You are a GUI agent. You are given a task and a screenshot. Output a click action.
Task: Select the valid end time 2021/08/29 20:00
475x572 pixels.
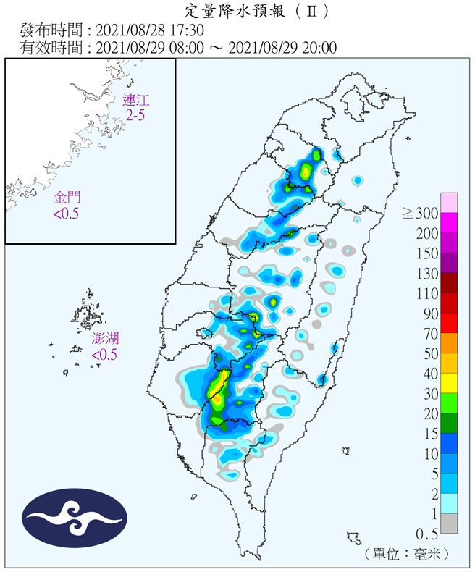[x=282, y=48]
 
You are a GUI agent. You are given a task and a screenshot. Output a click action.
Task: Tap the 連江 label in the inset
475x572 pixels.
[x=134, y=100]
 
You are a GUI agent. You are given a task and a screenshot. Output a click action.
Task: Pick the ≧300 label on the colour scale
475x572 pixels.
[x=421, y=213]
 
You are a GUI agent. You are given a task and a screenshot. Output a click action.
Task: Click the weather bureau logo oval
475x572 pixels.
[x=75, y=518]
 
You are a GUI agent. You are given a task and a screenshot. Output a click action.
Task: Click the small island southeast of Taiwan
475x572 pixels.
[x=353, y=538]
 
